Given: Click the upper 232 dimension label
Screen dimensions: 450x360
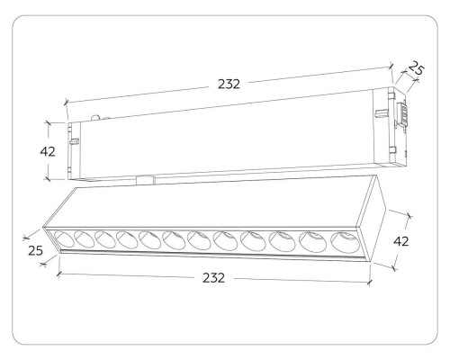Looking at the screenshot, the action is pyautogui.click(x=229, y=85).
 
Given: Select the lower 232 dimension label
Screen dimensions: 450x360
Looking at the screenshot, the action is pyautogui.click(x=213, y=278).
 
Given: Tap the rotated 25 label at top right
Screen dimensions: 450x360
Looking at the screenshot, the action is pyautogui.click(x=416, y=68).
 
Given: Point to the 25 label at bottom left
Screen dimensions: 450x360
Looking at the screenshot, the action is pyautogui.click(x=35, y=250).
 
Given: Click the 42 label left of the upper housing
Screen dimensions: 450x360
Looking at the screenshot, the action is pyautogui.click(x=48, y=152).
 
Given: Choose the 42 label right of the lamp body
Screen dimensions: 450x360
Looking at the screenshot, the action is pyautogui.click(x=401, y=241).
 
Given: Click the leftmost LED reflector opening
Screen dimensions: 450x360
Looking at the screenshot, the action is pyautogui.click(x=64, y=239).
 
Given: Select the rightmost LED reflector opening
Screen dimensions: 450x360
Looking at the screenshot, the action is pyautogui.click(x=345, y=242).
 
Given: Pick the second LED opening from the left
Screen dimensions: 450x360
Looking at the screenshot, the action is pyautogui.click(x=84, y=239).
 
